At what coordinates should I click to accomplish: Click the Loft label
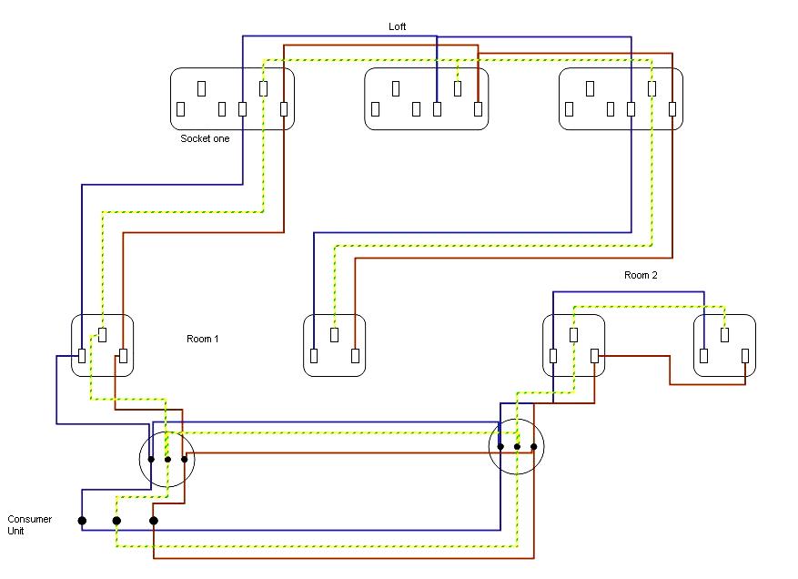pos(397,26)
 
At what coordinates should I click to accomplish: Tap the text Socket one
pos(205,138)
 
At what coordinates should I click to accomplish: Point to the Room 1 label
pos(203,339)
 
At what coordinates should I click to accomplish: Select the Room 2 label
pos(641,275)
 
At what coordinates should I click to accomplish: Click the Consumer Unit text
pos(29,524)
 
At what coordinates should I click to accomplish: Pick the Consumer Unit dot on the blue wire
pos(82,521)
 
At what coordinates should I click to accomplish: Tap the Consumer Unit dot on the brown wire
pos(154,521)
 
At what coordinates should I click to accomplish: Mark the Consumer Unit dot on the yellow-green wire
pos(116,521)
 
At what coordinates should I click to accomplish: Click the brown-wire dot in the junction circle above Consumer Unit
pos(184,460)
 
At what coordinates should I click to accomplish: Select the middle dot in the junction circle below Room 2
pos(517,447)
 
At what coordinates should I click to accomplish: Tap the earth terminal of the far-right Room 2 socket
pos(724,335)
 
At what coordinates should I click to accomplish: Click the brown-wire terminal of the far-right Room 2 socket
pos(745,355)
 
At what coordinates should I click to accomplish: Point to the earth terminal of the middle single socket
pos(334,335)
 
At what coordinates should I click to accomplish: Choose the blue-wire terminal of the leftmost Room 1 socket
pos(82,355)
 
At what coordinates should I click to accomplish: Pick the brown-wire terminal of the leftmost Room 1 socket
pos(123,355)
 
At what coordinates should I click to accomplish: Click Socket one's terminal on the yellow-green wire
pos(263,88)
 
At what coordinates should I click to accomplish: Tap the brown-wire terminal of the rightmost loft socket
pos(672,109)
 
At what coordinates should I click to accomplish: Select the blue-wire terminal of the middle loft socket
pos(437,109)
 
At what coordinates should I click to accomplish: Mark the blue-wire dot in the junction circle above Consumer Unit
pos(151,460)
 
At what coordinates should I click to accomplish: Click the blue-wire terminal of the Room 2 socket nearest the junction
pos(553,355)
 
